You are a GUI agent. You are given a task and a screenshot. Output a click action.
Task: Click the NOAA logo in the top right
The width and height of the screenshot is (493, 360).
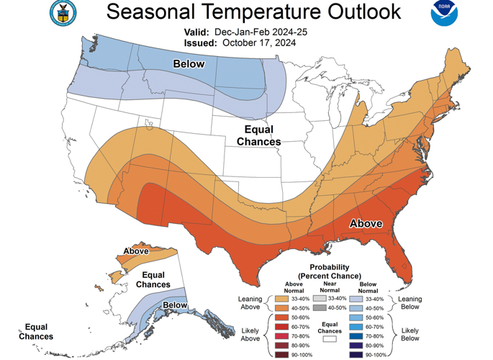coord(444,14)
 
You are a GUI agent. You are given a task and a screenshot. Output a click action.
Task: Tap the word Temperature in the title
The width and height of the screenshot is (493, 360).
coord(250,12)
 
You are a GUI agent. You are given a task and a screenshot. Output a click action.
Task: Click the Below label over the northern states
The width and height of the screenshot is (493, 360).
coord(189,64)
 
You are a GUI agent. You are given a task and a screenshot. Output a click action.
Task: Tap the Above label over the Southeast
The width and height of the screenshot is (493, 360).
coord(366,223)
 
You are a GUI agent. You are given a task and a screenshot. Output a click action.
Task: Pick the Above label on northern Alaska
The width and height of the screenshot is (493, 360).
coord(135,251)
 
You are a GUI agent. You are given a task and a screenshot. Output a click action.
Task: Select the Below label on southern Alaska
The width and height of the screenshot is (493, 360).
coord(175,305)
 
